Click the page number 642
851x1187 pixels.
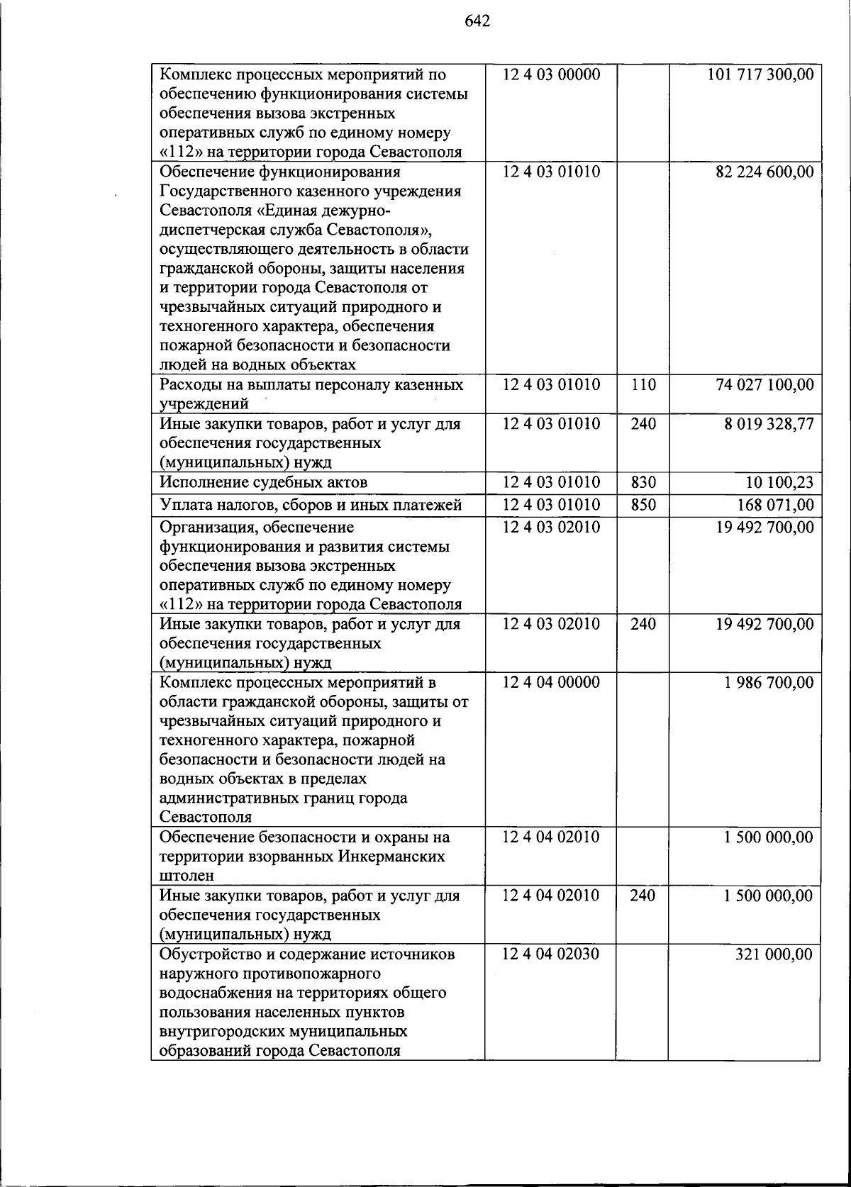tap(477, 21)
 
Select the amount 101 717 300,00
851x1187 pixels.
tap(760, 74)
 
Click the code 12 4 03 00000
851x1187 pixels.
tap(551, 74)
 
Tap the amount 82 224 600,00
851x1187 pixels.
tap(764, 172)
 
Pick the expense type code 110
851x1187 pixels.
tap(643, 384)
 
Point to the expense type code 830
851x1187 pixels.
tap(643, 482)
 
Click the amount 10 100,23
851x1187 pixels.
tap(779, 483)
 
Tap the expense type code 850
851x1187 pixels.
tap(643, 505)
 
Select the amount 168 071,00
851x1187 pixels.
tap(775, 506)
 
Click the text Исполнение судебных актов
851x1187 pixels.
tap(264, 483)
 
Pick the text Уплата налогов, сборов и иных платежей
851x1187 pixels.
tap(311, 505)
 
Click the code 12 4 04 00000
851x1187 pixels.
tap(551, 682)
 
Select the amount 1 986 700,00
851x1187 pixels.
tap(769, 683)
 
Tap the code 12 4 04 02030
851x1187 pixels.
tap(551, 954)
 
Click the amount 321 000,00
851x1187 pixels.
tap(774, 954)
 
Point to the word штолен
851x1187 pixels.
tap(187, 876)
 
